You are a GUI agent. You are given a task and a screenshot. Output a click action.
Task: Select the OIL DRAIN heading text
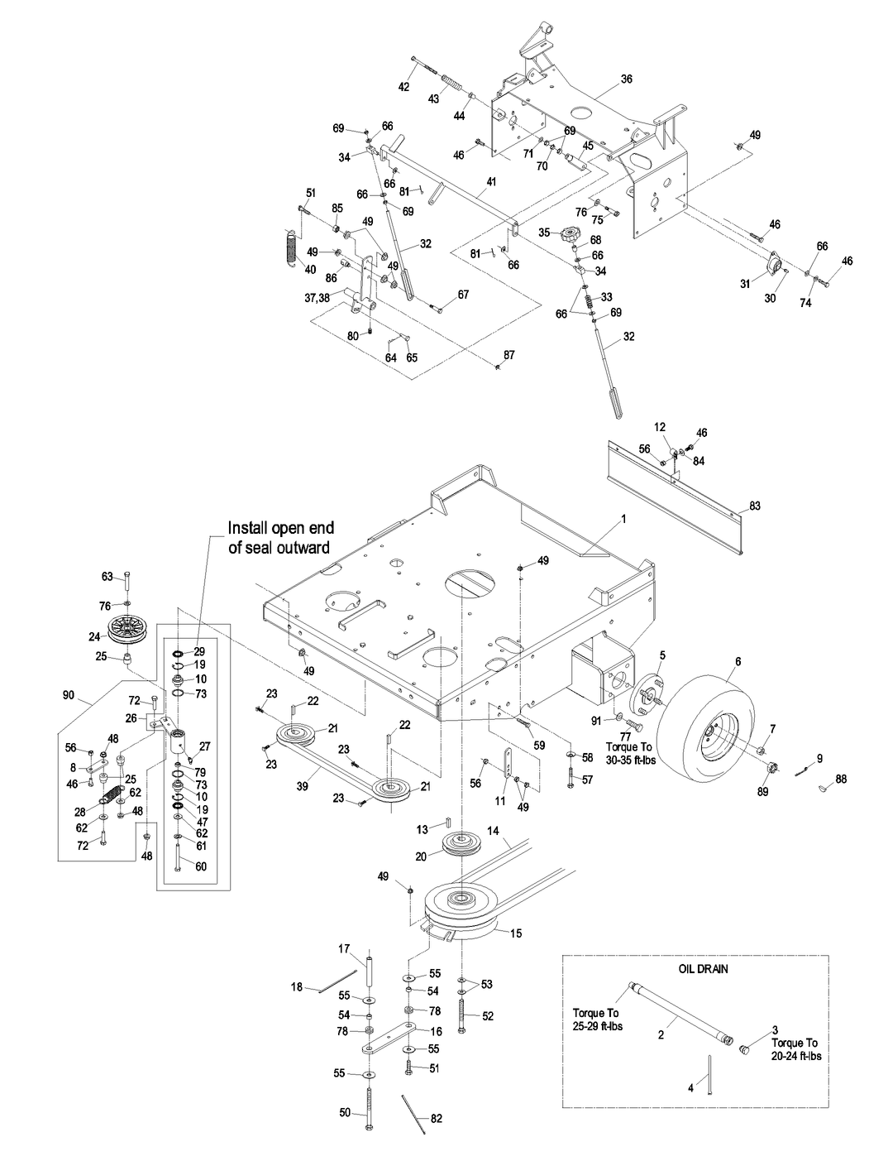703,968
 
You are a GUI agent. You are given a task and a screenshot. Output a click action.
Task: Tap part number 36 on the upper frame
626,79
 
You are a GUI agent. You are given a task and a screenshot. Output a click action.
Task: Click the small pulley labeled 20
456,845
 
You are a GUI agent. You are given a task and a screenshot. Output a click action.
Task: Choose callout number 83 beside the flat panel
754,506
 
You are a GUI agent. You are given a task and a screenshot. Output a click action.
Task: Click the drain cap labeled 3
742,1050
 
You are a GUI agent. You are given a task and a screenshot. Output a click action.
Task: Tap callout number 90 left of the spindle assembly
68,696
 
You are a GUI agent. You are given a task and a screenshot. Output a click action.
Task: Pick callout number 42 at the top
404,86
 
